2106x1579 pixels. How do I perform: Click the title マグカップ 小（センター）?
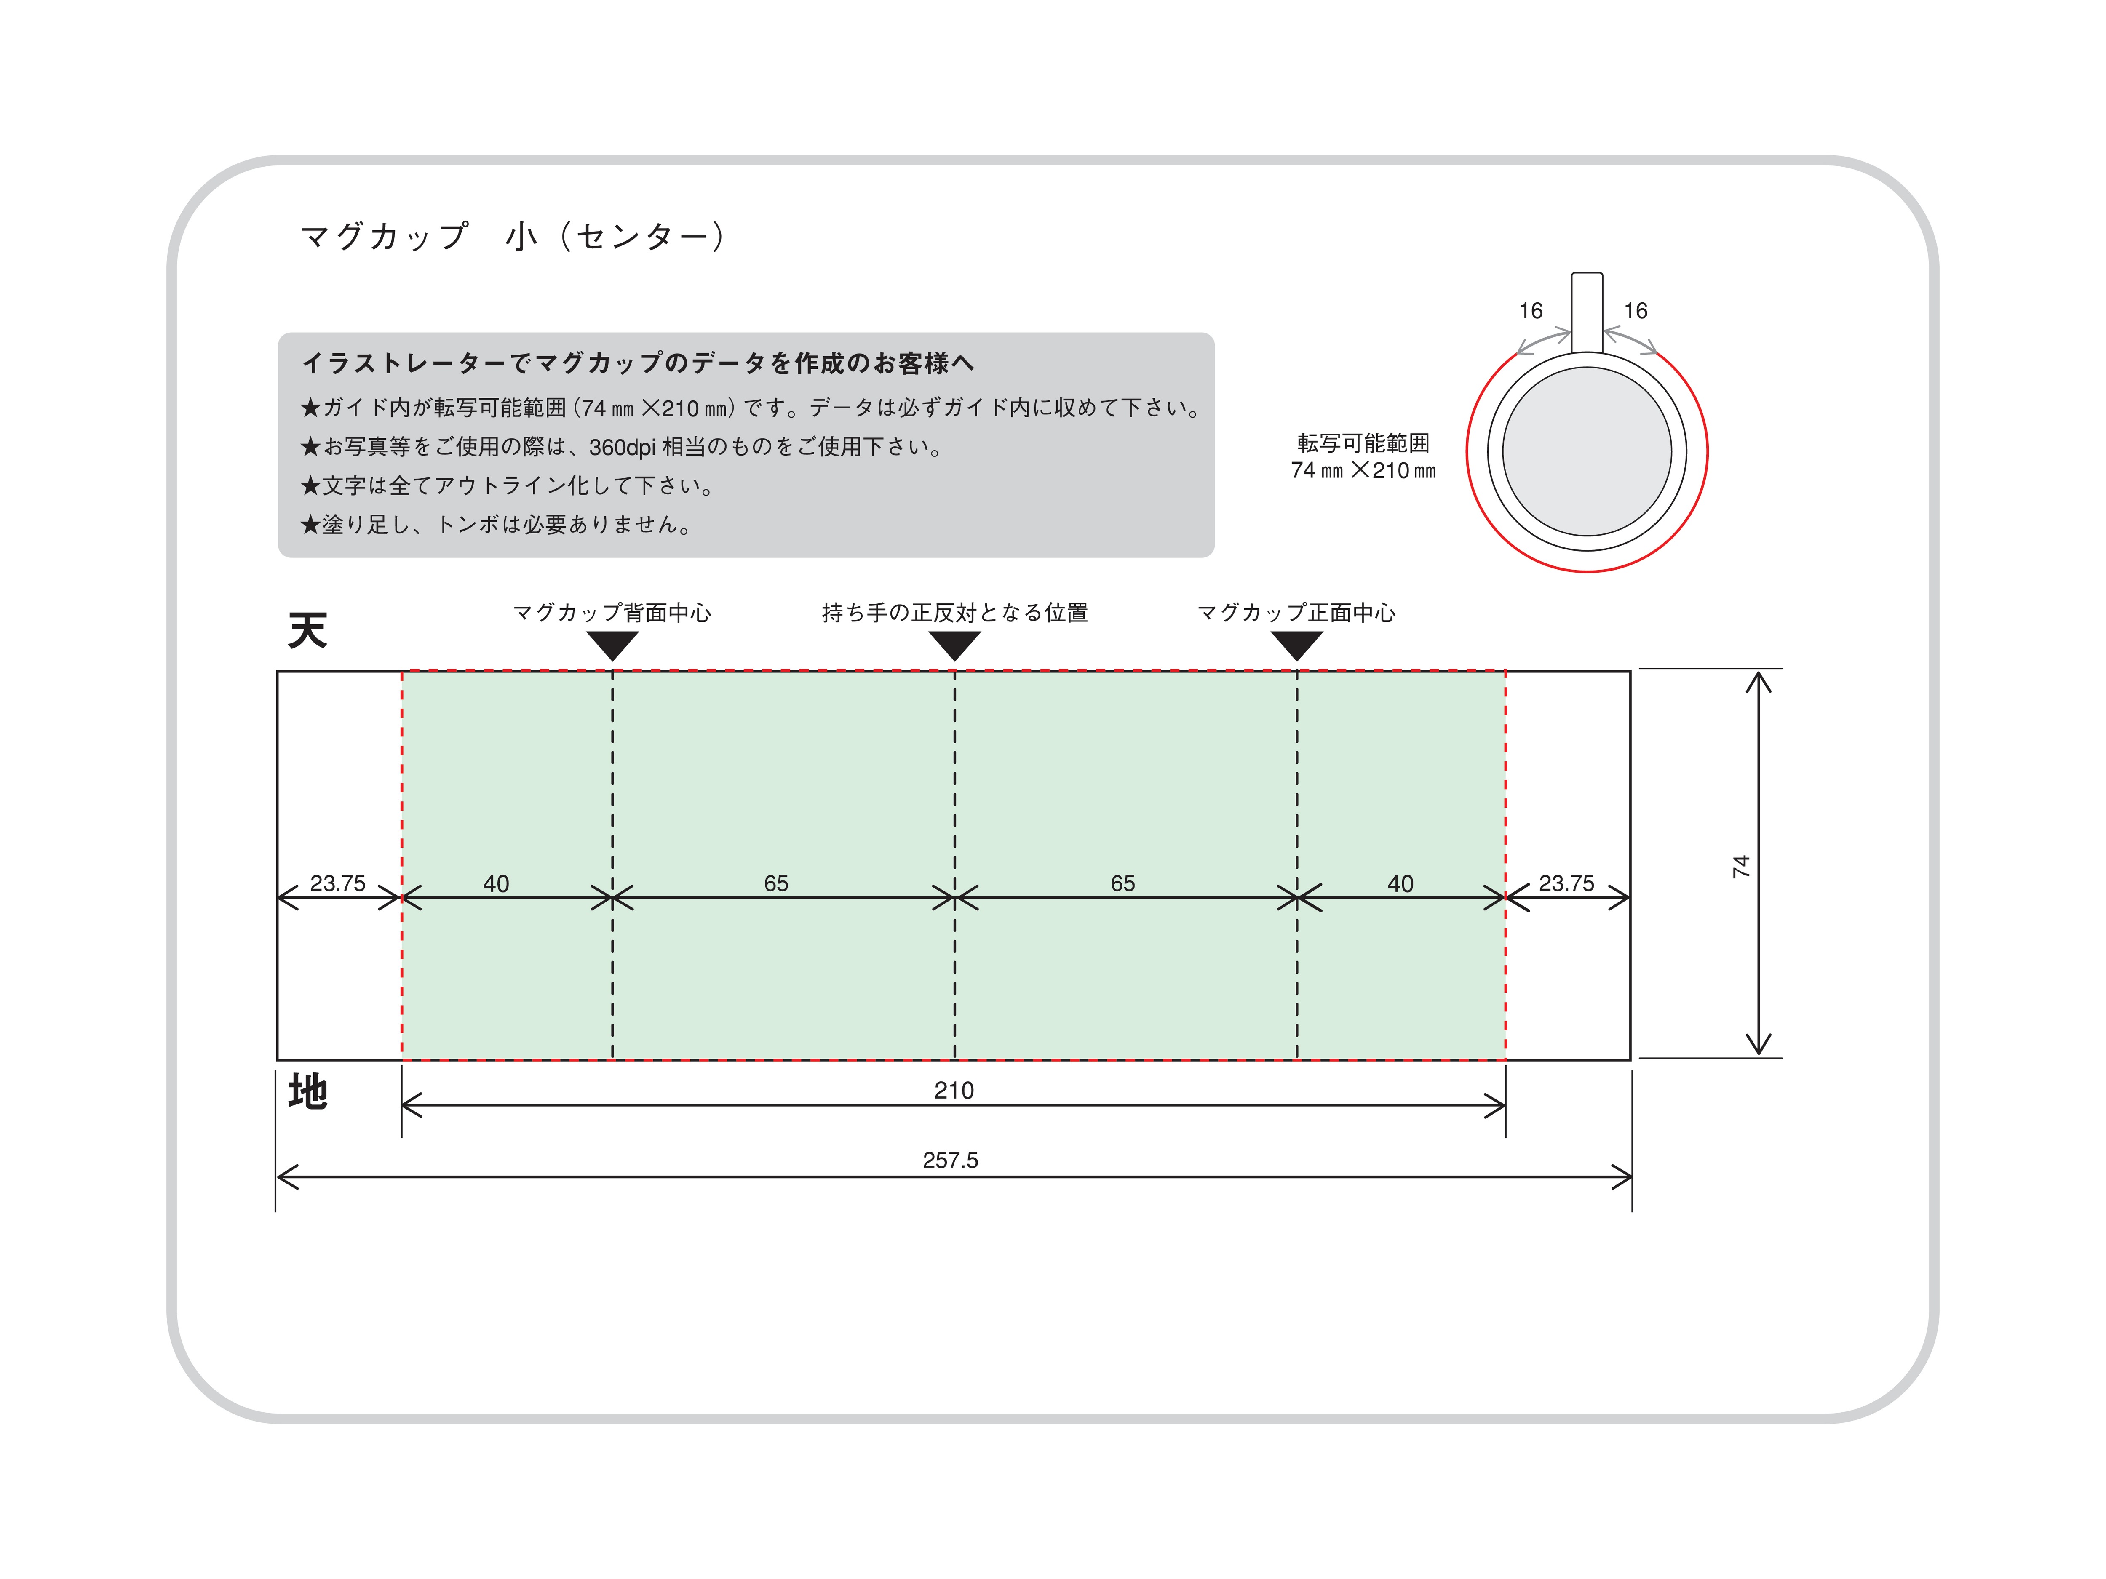point(514,236)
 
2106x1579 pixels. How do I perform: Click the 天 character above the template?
point(307,630)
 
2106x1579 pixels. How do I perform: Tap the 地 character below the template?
point(307,1092)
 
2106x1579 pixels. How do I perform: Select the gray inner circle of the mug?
point(1587,452)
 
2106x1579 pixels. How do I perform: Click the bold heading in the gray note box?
point(638,363)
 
